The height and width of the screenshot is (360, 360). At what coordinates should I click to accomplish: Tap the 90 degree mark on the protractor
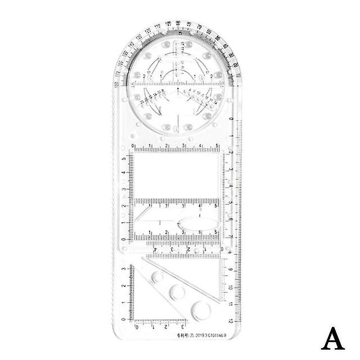coord(178,22)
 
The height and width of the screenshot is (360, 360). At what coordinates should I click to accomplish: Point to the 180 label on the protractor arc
coord(116,84)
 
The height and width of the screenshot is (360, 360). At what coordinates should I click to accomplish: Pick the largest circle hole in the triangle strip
coord(201,310)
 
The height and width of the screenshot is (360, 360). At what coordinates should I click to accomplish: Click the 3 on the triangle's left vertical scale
coord(125,270)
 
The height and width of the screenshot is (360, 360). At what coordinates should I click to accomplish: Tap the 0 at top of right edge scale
coord(232,120)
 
